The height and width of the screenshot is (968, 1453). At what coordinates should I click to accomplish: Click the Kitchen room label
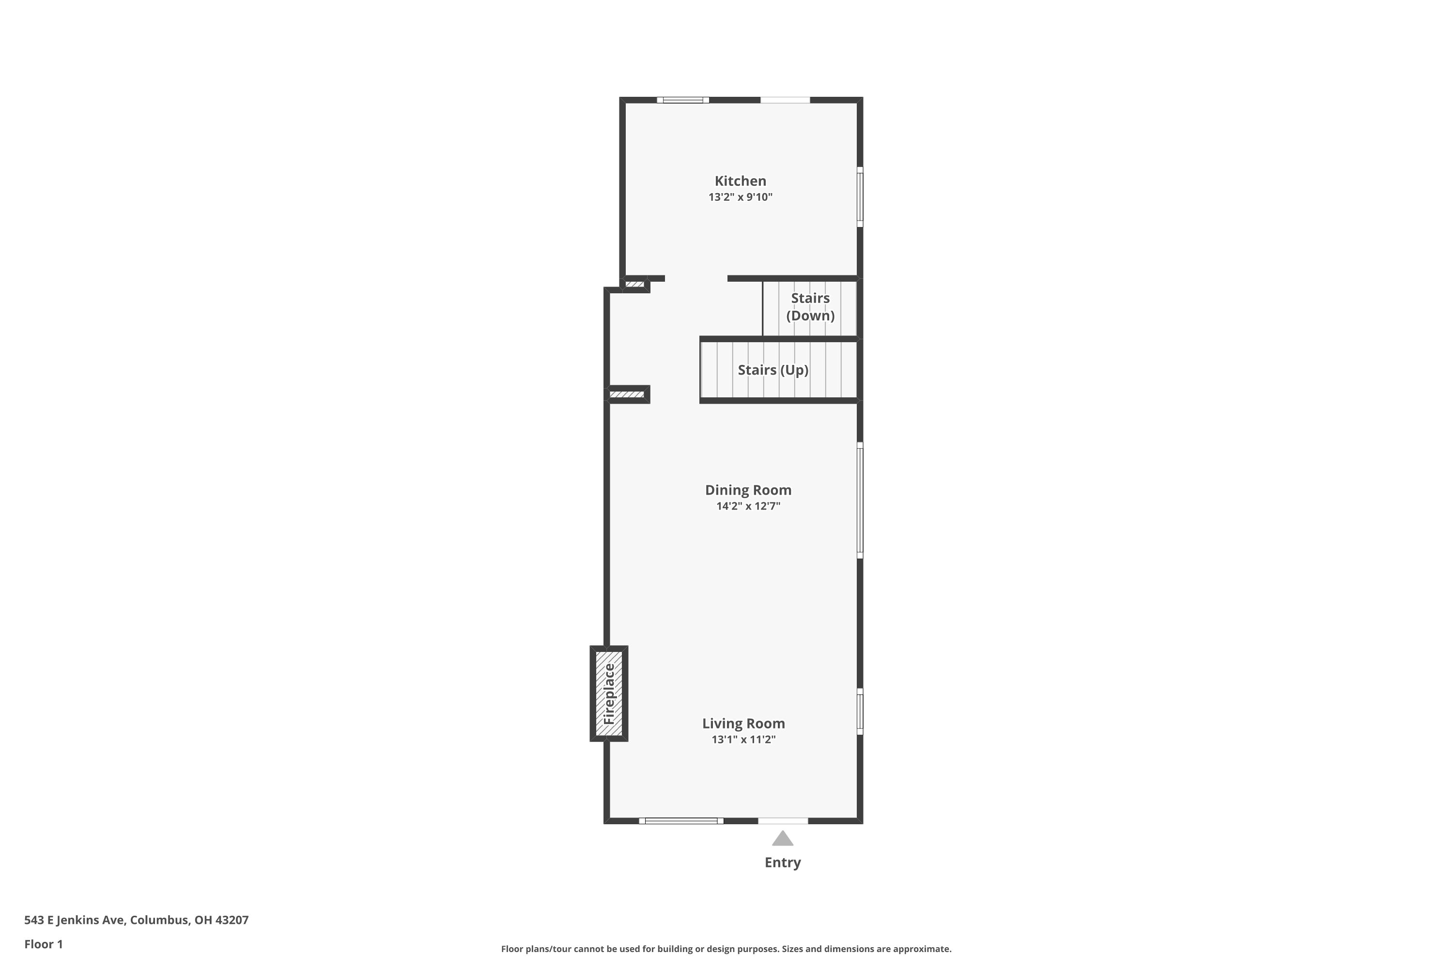(740, 181)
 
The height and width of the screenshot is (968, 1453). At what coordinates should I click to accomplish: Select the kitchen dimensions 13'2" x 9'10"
(740, 197)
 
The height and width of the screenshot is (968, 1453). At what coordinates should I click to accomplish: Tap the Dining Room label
(748, 490)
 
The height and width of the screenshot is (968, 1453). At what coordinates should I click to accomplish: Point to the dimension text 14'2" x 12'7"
(748, 506)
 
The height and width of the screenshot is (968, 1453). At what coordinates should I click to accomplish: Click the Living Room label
(743, 724)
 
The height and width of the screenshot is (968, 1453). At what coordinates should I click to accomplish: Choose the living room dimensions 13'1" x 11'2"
(743, 740)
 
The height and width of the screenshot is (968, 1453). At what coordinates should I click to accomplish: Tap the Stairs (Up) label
(773, 370)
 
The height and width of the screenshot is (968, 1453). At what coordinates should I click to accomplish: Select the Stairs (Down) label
(810, 307)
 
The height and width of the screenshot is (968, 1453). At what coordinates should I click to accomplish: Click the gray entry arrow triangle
(783, 839)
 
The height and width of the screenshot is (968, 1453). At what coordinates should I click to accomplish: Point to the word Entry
(783, 863)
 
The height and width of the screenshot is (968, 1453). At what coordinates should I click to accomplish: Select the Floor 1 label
(43, 944)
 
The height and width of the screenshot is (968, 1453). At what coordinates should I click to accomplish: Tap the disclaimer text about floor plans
(726, 949)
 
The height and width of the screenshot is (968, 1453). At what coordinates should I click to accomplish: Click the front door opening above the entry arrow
(783, 821)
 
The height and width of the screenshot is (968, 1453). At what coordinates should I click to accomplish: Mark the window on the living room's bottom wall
(681, 821)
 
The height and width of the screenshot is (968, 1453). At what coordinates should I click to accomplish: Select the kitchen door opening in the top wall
(785, 100)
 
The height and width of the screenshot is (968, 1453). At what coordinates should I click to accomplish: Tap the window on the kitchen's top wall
(682, 100)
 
